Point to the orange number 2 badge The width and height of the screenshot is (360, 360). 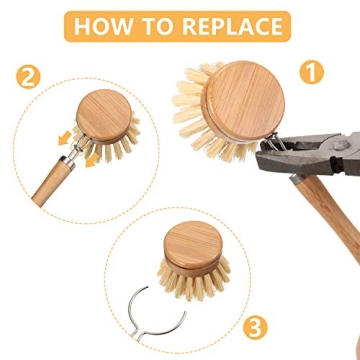[x=30, y=75]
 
